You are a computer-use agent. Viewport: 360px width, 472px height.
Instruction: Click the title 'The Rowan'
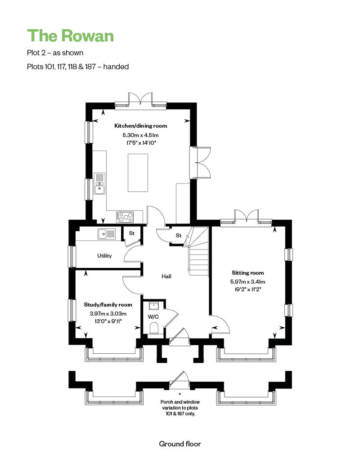pyautogui.click(x=71, y=36)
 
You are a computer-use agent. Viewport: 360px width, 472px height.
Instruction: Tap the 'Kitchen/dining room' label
pyautogui.click(x=141, y=126)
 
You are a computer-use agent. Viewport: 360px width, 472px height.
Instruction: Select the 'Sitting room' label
pyautogui.click(x=247, y=273)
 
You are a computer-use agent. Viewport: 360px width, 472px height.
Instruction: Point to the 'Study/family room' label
pyautogui.click(x=108, y=305)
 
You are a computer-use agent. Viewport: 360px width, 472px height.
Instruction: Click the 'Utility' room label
pyautogui.click(x=104, y=256)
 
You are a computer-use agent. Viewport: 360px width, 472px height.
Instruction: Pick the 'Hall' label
pyautogui.click(x=166, y=276)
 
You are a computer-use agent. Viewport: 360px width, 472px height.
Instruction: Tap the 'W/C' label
pyautogui.click(x=153, y=316)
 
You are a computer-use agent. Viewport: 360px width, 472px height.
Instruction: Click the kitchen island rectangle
pyautogui.click(x=138, y=173)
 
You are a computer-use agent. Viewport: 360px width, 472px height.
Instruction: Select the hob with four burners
pyautogui.click(x=125, y=217)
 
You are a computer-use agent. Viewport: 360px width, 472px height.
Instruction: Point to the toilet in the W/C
pyautogui.click(x=154, y=329)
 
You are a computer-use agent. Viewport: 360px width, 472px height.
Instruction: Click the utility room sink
pyautogui.click(x=107, y=234)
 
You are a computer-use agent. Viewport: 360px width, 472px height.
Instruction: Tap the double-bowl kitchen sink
pyautogui.click(x=100, y=183)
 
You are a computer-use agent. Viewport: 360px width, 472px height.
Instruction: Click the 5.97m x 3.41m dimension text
pyautogui.click(x=247, y=282)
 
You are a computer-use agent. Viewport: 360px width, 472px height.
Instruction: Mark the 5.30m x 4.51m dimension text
pyautogui.click(x=141, y=135)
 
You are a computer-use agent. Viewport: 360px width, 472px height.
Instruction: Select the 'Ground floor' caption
pyautogui.click(x=180, y=444)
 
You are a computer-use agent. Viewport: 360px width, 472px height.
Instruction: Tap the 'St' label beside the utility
pyautogui.click(x=132, y=233)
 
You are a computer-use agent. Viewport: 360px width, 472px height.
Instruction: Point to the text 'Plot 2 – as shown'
pyautogui.click(x=55, y=53)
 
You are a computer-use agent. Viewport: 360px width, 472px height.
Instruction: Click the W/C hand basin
pyautogui.click(x=154, y=306)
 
